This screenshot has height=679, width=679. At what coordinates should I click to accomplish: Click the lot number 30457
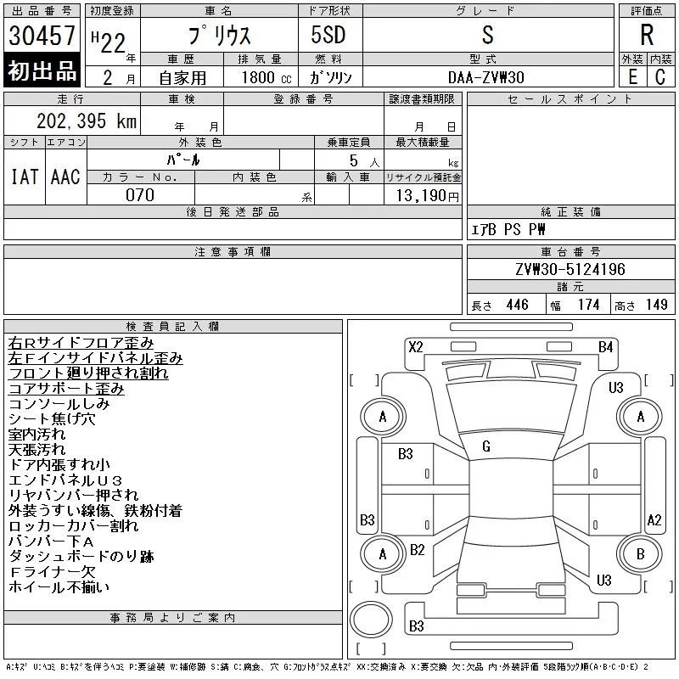pyautogui.click(x=42, y=36)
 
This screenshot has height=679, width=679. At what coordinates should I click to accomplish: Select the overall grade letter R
pyautogui.click(x=647, y=36)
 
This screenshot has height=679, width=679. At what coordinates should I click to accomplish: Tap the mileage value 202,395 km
pyautogui.click(x=87, y=121)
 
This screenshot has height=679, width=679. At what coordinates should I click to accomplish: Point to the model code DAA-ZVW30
pyautogui.click(x=486, y=76)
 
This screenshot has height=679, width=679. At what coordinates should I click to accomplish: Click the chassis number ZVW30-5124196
pyautogui.click(x=570, y=270)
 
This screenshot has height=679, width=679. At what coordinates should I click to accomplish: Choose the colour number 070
pyautogui.click(x=140, y=195)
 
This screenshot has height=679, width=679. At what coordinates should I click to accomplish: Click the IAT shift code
pyautogui.click(x=25, y=177)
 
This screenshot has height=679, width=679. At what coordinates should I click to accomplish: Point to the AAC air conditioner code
pyautogui.click(x=65, y=177)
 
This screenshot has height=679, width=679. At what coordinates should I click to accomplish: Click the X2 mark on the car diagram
pyautogui.click(x=416, y=346)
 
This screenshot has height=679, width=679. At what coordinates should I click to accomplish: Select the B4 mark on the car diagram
pyautogui.click(x=605, y=346)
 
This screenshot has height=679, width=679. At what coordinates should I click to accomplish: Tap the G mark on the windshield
pyautogui.click(x=486, y=446)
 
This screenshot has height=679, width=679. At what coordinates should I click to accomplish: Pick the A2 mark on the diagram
pyautogui.click(x=654, y=520)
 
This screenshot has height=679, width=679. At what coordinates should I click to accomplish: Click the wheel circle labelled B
pyautogui.click(x=641, y=555)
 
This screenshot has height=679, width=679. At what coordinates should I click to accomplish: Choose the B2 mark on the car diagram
pyautogui.click(x=417, y=550)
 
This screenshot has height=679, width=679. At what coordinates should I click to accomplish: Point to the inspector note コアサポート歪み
pyautogui.click(x=66, y=389)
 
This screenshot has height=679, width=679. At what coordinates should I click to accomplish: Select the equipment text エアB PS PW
pyautogui.click(x=509, y=229)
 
